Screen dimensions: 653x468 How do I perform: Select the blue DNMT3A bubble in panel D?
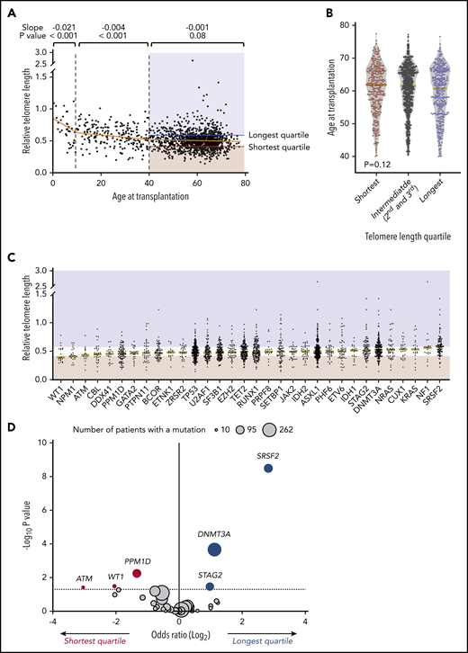tap(214, 549)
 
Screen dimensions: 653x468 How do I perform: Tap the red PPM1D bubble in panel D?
tap(137, 573)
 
